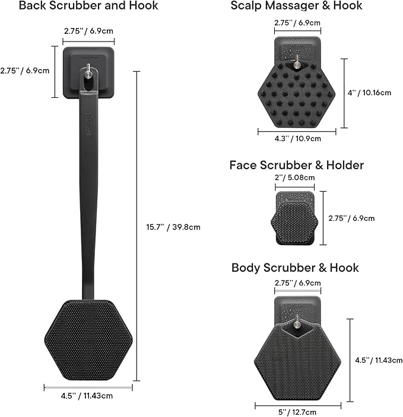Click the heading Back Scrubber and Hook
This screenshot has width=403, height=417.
click(x=88, y=7)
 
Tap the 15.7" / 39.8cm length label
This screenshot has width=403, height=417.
click(x=173, y=226)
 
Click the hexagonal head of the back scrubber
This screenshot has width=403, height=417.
click(x=88, y=339)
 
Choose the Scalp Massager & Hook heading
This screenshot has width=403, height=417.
click(x=296, y=7)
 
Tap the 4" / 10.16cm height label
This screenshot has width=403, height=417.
click(x=369, y=93)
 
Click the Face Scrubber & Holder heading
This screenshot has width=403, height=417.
click(x=296, y=165)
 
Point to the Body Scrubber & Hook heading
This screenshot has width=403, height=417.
click(x=295, y=268)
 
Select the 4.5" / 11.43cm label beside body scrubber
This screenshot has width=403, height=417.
click(x=379, y=359)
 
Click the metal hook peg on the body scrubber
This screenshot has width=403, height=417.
click(x=296, y=323)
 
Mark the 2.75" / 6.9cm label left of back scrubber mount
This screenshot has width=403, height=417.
click(x=25, y=71)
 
